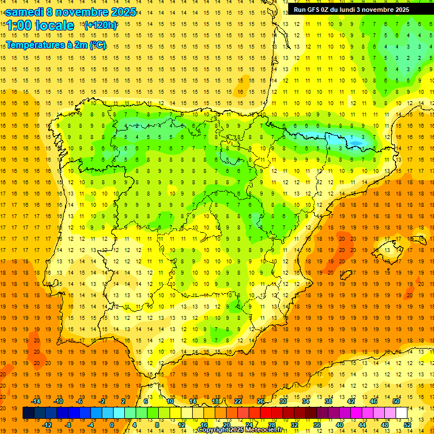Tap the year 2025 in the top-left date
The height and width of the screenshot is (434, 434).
[119, 12]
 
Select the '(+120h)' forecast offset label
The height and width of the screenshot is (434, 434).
[100, 25]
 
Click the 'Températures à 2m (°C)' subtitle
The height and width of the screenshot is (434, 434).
[56, 45]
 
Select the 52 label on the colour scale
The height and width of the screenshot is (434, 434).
[407, 425]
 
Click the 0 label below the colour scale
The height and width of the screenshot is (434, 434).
[111, 425]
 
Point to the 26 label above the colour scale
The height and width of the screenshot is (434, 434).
[261, 401]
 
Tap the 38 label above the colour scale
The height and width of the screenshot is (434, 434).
[328, 401]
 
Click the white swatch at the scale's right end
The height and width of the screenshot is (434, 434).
[402, 413]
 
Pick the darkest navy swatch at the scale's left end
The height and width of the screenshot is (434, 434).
[28, 413]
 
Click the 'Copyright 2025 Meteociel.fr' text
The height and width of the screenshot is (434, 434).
[240, 430]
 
